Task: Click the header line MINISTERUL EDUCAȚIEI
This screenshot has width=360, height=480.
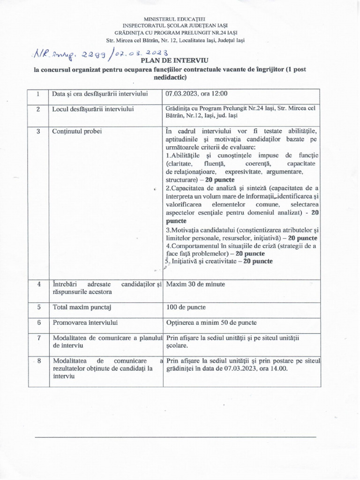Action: (x=180, y=18)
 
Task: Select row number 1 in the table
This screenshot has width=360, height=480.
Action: (x=37, y=94)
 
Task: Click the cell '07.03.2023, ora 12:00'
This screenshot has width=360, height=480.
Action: (x=193, y=94)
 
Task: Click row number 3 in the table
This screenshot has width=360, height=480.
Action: (x=37, y=131)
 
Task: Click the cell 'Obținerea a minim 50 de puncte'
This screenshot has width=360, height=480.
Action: (x=211, y=322)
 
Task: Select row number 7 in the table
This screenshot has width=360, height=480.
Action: (x=37, y=338)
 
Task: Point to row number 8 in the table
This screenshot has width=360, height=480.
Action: (x=37, y=361)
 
